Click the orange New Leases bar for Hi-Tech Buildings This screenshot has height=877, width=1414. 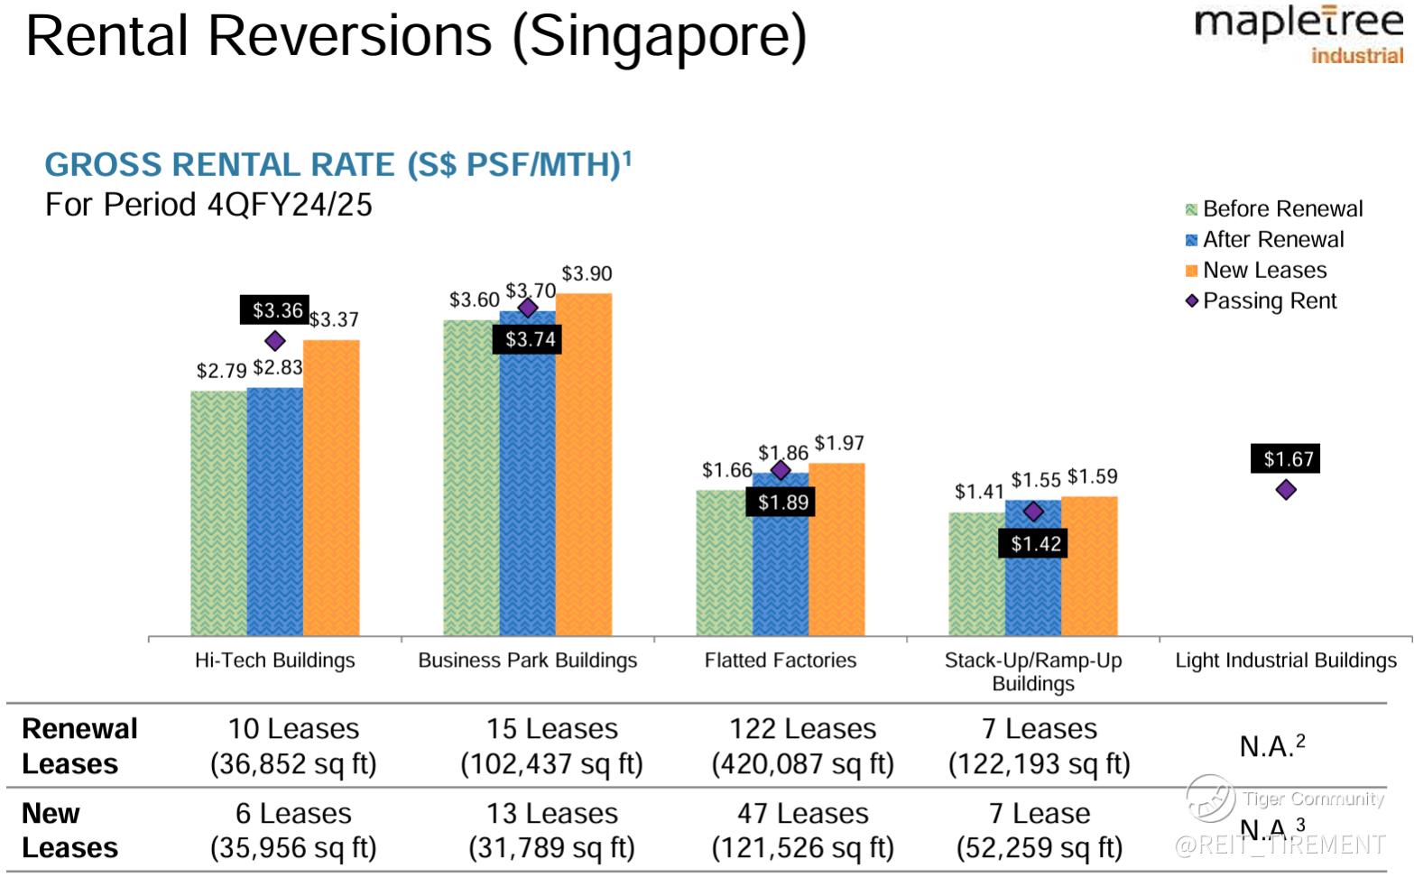pos(331,487)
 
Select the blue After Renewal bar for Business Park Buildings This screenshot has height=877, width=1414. pos(528,487)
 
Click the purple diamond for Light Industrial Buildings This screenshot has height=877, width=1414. pos(1286,490)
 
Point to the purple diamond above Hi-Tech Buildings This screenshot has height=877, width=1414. pos(275,341)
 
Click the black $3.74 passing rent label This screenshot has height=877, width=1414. pos(530,339)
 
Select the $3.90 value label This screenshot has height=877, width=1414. pos(587,273)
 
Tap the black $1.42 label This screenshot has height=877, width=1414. pos(1035,543)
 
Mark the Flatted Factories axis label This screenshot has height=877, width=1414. pos(780,660)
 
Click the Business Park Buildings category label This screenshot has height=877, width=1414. pos(527,660)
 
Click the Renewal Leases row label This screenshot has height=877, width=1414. pos(79,746)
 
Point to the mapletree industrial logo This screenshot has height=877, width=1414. pos(1298,34)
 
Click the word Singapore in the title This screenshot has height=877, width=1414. pos(660,36)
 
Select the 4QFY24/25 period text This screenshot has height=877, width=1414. pos(290,205)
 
